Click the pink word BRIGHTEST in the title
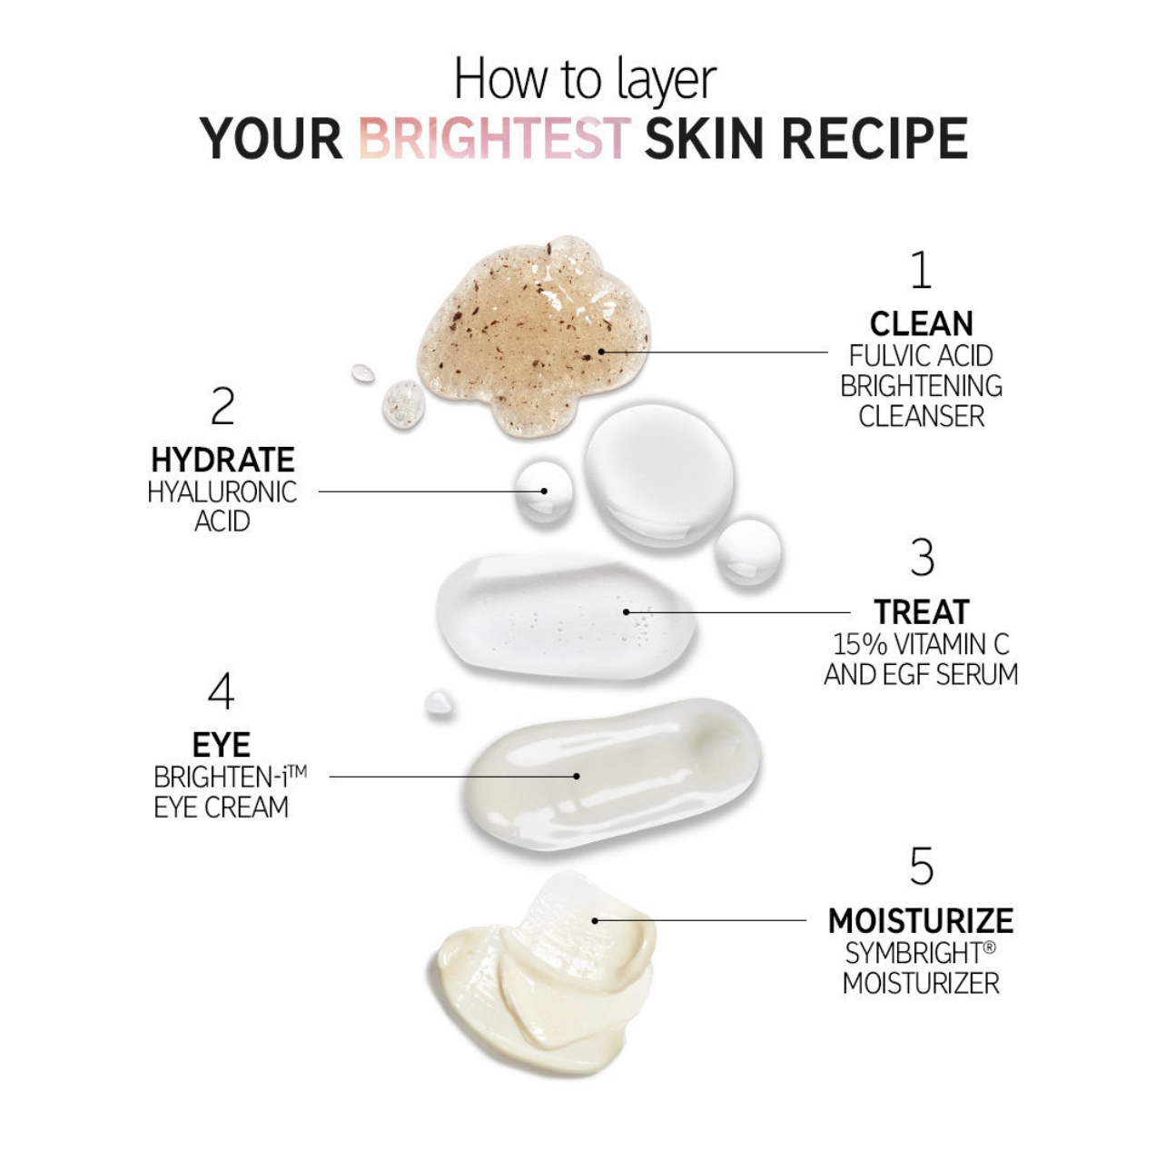[494, 139]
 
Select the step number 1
[921, 270]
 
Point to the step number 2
[222, 406]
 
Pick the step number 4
[221, 691]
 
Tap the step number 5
[922, 867]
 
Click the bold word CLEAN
[922, 324]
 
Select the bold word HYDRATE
[222, 461]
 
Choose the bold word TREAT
[922, 611]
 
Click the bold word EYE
[222, 745]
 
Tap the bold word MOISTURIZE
[921, 921]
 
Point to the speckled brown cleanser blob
[532, 336]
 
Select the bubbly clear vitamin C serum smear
[566, 616]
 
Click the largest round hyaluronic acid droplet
[658, 475]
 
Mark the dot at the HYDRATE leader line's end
[544, 491]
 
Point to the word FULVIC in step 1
[882, 356]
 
